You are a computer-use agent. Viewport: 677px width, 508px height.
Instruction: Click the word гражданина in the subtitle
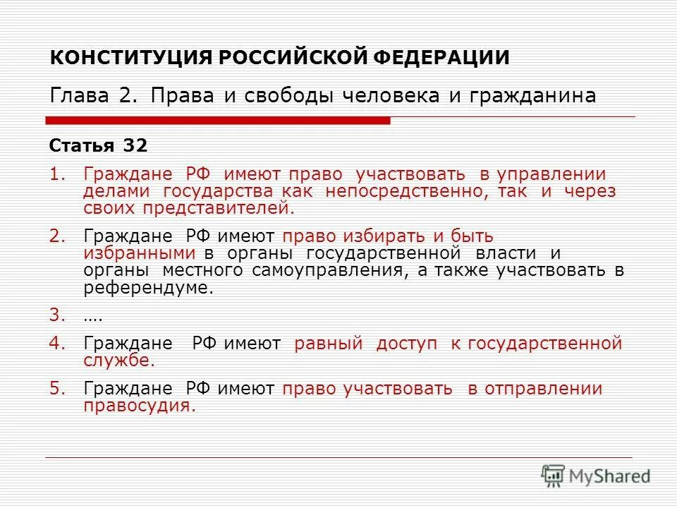coord(538,96)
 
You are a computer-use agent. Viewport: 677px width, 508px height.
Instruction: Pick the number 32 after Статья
coord(135,146)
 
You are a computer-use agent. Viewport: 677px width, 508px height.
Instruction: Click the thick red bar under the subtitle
coord(219,121)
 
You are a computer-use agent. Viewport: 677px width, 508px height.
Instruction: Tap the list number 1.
coord(56,174)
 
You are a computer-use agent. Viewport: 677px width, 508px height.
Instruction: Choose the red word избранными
coord(139,253)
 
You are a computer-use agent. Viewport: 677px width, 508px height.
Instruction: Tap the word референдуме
coord(147,288)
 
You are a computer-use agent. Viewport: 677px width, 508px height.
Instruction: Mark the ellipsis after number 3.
coord(93,316)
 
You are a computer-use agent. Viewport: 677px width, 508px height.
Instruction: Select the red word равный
coord(329,344)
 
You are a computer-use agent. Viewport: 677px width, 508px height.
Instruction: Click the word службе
coord(118,361)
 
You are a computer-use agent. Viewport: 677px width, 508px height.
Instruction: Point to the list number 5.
coord(56,388)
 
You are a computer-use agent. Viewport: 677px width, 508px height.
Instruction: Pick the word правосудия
coord(138,406)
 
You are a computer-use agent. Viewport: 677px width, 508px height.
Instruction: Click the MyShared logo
coord(596,476)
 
